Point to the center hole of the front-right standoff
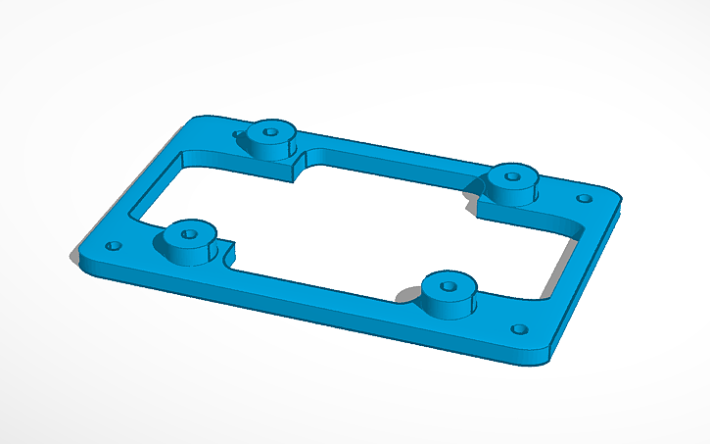pos(449,286)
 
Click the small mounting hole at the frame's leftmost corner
pos(114,245)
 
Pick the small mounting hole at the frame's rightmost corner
pos(585,198)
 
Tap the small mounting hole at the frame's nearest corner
pos(520,329)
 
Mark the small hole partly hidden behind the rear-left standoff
pos(238,134)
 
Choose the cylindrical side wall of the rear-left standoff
pos(269,146)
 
